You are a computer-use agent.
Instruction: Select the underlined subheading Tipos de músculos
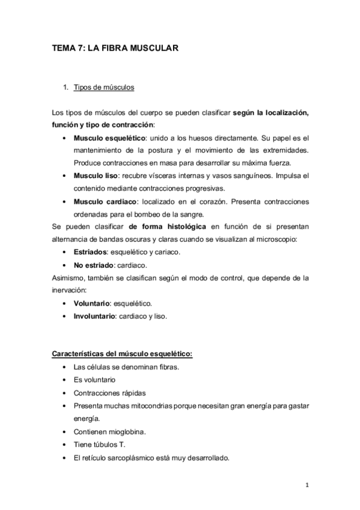[104, 87]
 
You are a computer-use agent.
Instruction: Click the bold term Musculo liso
[95, 175]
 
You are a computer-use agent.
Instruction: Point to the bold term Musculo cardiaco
[103, 200]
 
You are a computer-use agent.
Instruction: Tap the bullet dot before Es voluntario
[64, 380]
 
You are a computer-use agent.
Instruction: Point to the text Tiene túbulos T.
[99, 444]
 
